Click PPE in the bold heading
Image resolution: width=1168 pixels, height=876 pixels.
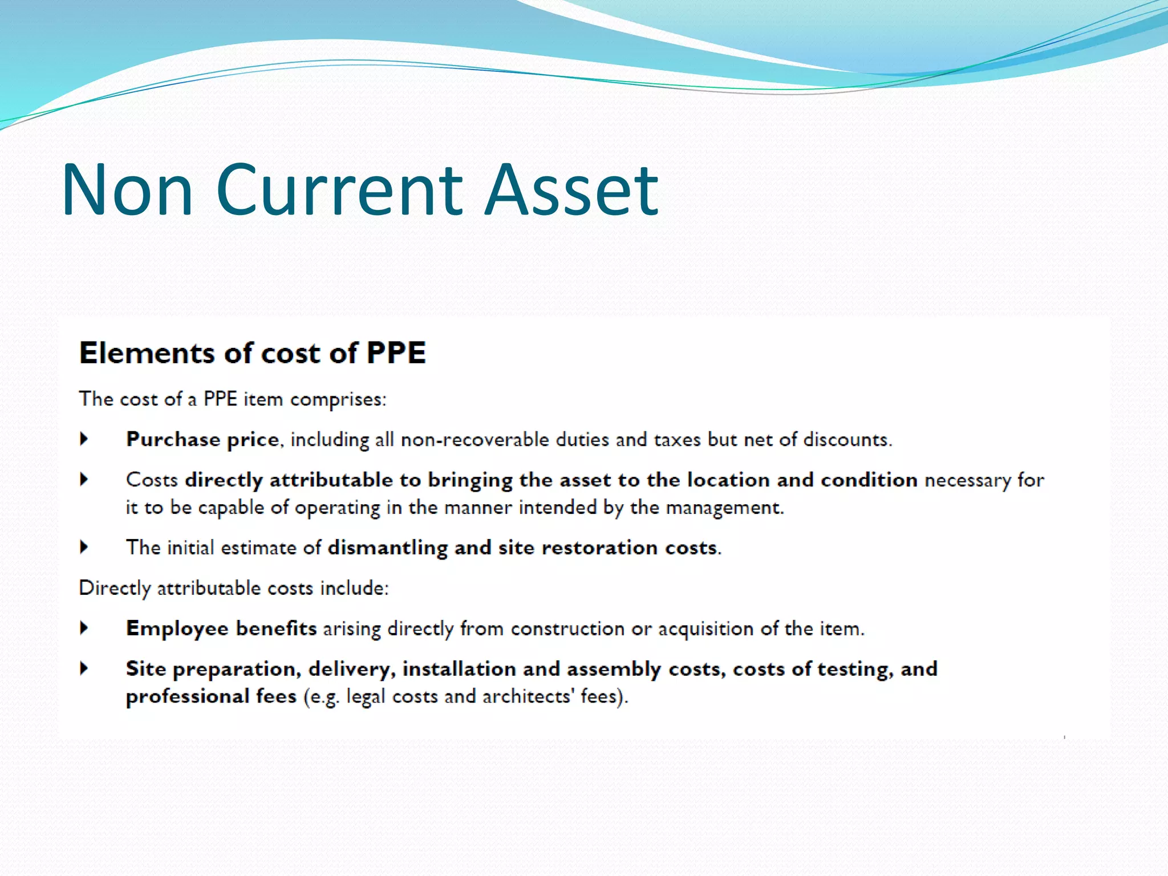tap(396, 352)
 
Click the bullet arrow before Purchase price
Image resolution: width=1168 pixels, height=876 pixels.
tap(84, 439)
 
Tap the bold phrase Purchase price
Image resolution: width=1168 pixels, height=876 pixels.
tap(202, 440)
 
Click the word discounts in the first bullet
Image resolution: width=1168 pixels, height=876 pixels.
tap(847, 440)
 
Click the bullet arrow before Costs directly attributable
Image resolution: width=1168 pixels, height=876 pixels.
tap(84, 479)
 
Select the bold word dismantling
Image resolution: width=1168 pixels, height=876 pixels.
tap(388, 547)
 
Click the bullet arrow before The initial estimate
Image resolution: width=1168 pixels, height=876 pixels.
tap(84, 547)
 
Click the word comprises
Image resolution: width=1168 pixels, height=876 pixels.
tap(338, 399)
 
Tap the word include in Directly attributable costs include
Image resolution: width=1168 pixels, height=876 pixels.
tap(354, 588)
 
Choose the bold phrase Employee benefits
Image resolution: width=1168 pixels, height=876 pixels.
tap(221, 628)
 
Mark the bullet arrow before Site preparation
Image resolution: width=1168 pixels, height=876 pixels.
tap(84, 668)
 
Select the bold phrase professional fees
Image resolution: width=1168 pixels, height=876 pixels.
tap(211, 696)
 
